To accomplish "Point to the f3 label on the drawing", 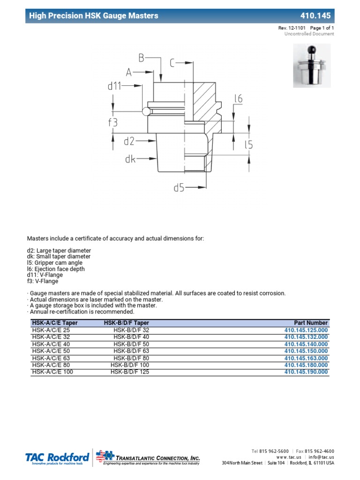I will click(113, 123).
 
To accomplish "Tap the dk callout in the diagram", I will click(130, 159).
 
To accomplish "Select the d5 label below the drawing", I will click(179, 187).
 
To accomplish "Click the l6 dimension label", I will click(239, 99).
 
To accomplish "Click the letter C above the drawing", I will click(173, 62).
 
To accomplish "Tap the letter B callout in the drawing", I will click(141, 58).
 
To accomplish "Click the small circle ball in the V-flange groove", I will click(146, 111).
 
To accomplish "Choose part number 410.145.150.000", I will click(306, 351).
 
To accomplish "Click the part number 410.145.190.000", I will click(306, 372).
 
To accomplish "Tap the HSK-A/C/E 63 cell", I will click(51, 358).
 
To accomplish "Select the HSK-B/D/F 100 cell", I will click(130, 365).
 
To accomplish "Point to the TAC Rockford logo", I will click(57, 457).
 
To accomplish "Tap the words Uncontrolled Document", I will click(309, 34).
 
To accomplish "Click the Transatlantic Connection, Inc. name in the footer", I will click(157, 457).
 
